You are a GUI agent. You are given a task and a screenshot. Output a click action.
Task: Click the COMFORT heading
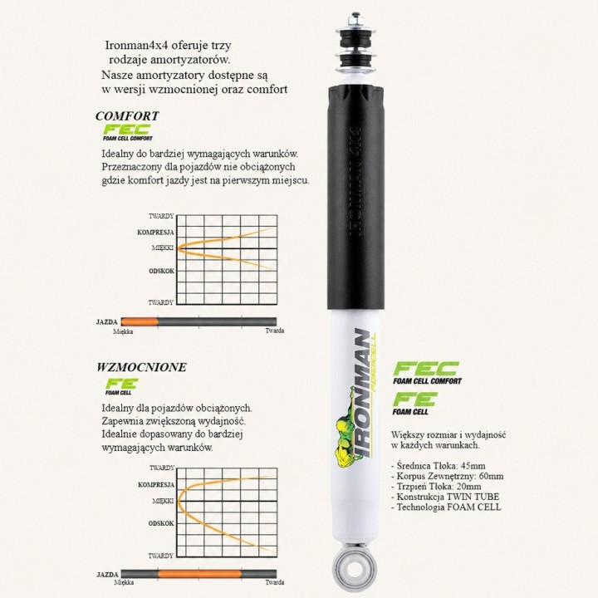127,116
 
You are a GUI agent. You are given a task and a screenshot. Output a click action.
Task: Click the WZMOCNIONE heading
141,367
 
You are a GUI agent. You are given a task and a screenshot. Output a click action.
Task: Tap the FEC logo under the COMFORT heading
127,133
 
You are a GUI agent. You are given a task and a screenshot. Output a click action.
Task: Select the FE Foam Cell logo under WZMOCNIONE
121,386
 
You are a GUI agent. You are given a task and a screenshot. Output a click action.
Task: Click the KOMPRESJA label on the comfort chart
155,233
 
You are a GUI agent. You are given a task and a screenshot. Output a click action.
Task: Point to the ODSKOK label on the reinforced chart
161,523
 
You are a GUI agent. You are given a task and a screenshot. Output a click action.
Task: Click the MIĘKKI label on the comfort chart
163,248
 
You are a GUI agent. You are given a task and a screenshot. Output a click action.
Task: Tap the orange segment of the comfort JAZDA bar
140,322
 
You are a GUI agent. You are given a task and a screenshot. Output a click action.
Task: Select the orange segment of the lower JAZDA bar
199,574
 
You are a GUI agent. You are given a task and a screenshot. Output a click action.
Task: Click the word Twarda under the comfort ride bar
275,331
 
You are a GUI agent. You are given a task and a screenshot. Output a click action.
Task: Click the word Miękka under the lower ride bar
124,582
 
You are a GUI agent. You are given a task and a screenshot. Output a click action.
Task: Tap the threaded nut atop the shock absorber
355,18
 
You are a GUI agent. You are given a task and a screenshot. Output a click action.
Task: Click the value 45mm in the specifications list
473,466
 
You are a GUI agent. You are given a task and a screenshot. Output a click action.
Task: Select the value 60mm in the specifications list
491,476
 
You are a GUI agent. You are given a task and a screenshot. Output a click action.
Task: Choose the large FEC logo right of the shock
427,373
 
